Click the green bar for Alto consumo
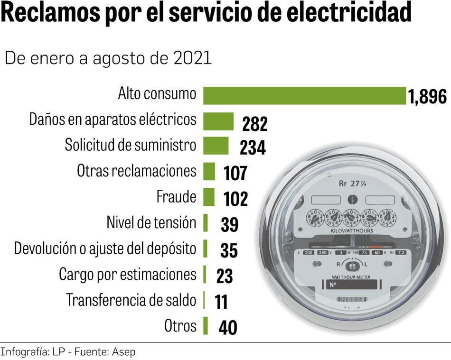304,95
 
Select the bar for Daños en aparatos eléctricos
218,121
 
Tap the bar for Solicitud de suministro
216,146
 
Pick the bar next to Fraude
209,197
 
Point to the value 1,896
427,97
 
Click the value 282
255,124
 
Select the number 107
235,174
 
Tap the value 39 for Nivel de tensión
229,225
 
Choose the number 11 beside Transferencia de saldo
221,302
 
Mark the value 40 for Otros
228,328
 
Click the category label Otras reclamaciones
136,171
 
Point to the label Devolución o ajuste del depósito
105,248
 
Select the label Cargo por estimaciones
127,274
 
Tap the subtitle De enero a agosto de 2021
108,58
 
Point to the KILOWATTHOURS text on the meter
351,231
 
